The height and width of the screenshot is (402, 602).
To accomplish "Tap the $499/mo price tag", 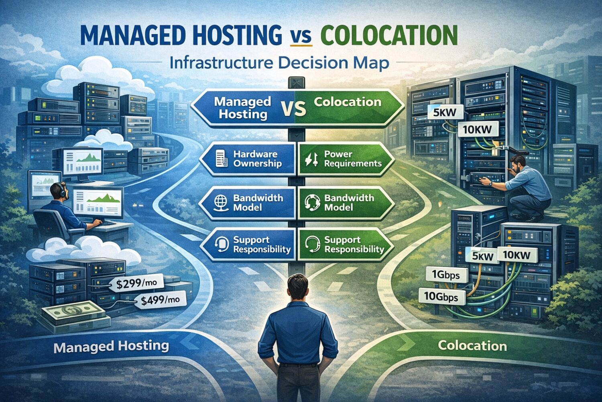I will [x=161, y=300].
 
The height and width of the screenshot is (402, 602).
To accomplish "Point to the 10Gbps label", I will [x=441, y=297].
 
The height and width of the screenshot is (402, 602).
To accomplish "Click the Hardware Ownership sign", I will [x=249, y=159].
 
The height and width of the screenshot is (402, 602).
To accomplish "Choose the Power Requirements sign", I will [x=345, y=159].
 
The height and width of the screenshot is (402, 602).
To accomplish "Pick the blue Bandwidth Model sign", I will [x=249, y=203].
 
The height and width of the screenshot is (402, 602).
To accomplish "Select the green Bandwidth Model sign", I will [x=345, y=203].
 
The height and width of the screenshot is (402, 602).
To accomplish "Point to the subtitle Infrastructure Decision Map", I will [x=279, y=63].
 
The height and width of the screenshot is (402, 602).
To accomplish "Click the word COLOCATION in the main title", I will [x=389, y=35].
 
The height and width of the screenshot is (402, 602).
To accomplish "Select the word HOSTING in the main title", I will [x=237, y=35].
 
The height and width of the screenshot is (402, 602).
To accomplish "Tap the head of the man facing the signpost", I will [x=297, y=286].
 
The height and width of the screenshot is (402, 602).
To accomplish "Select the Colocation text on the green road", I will [x=472, y=345].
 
